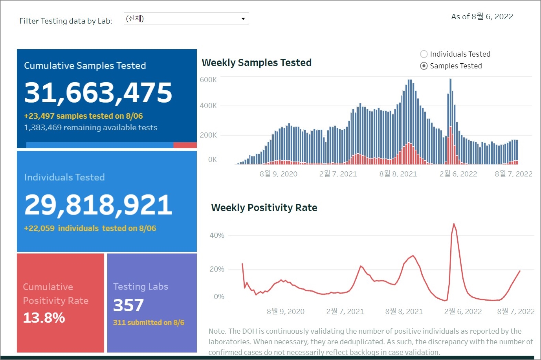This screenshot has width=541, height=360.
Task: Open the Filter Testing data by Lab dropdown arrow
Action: click(243, 19)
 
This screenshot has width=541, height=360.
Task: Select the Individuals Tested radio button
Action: click(424, 54)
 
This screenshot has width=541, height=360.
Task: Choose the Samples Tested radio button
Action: click(424, 66)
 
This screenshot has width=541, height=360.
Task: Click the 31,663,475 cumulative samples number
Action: click(98, 93)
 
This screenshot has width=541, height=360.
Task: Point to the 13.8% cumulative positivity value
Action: click(44, 318)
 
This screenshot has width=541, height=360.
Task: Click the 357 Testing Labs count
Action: click(128, 305)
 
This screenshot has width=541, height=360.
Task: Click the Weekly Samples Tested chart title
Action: click(257, 63)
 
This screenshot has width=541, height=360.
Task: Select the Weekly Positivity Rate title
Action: click(264, 208)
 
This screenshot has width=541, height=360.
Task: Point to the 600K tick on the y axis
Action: click(208, 80)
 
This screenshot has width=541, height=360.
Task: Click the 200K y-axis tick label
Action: click(208, 135)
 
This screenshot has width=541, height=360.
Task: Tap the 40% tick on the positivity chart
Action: click(217, 235)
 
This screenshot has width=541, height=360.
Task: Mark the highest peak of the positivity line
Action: click(454, 224)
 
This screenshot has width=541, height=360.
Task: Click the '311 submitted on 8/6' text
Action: click(149, 323)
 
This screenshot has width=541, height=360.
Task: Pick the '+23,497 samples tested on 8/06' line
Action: click(83, 116)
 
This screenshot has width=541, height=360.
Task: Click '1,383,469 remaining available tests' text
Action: click(90, 128)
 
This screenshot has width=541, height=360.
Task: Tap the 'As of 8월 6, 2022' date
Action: click(482, 17)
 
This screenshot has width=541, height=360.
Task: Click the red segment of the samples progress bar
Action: click(185, 145)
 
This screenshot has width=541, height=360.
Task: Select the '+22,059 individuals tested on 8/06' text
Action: click(90, 228)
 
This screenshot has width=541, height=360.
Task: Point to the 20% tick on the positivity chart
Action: click(217, 269)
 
